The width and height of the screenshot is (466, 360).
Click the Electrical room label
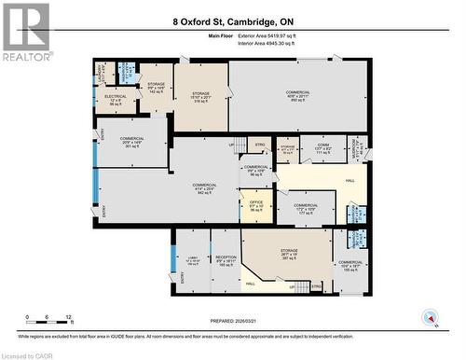(x=116, y=98)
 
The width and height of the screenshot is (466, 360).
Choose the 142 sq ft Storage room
(x=157, y=89)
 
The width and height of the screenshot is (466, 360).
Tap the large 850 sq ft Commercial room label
(x=297, y=95)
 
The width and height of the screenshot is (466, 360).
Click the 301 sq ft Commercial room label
(x=131, y=143)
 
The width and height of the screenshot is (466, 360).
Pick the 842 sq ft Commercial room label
(x=204, y=189)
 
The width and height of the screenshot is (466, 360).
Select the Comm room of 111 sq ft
(x=322, y=148)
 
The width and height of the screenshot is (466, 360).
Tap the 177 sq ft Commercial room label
(x=305, y=208)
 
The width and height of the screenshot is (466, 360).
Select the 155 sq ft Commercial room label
(x=350, y=267)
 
